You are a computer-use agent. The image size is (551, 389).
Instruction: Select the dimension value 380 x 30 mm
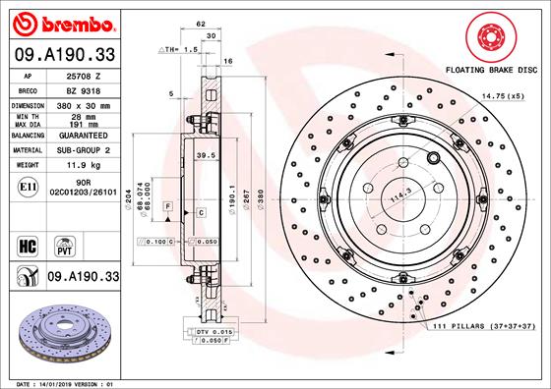point(81,103)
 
